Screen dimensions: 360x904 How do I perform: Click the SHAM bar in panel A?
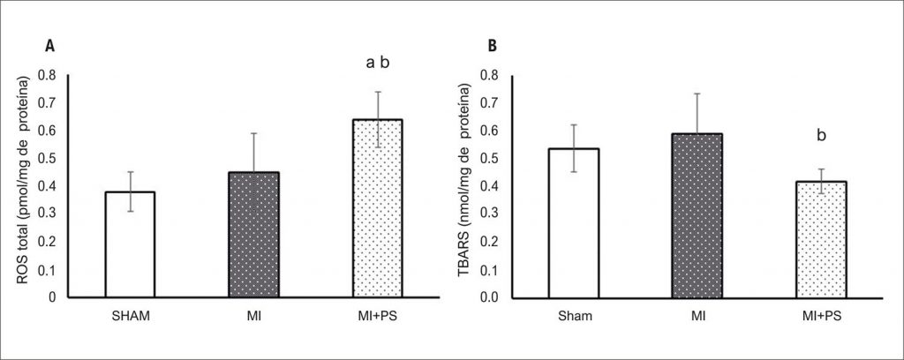tap(131, 244)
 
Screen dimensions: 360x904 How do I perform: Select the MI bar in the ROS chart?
tap(254, 235)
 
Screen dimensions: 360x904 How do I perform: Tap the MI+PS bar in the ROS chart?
tap(378, 208)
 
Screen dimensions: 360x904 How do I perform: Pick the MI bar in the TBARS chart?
tap(697, 215)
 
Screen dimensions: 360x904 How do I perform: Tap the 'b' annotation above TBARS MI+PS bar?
tap(821, 136)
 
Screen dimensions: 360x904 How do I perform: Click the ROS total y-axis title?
tap(25, 181)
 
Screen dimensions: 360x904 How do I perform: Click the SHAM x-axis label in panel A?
tap(131, 314)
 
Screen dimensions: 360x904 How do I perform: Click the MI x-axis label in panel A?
tap(254, 314)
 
